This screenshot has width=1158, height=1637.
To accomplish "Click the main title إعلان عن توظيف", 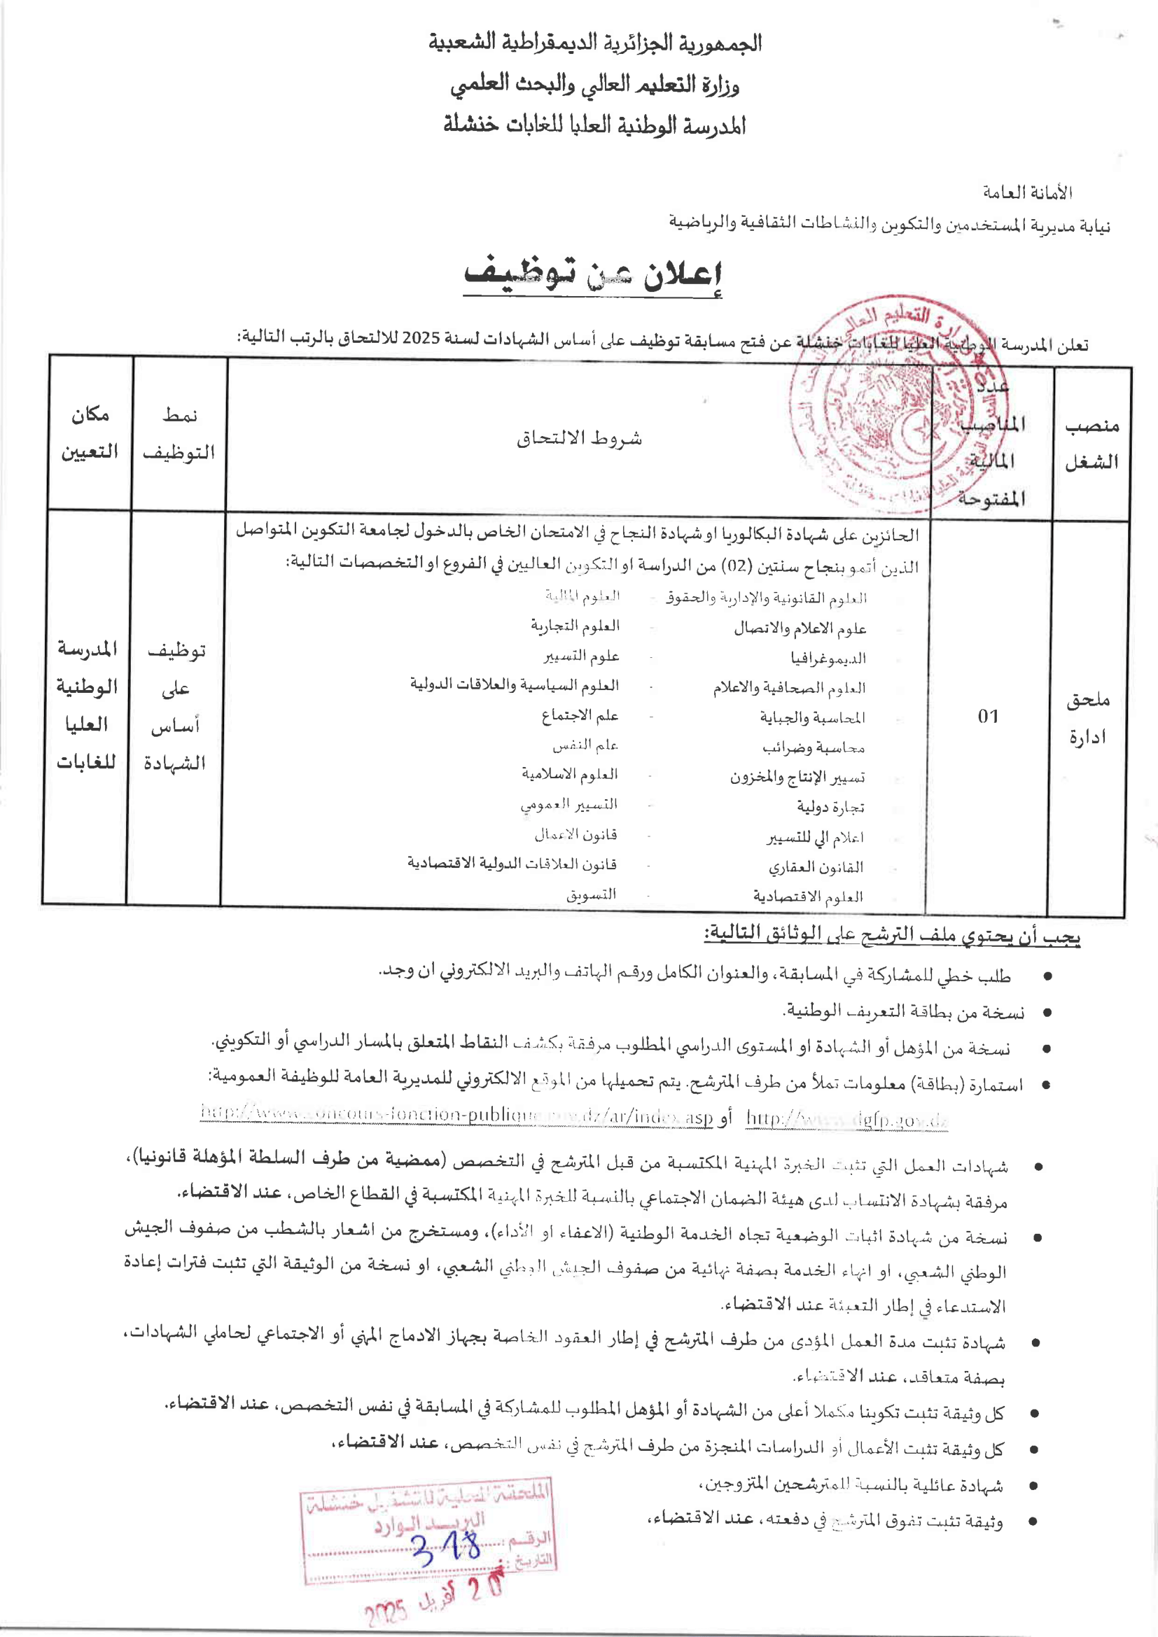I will click(593, 276).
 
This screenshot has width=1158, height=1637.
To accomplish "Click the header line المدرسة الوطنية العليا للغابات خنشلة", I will click(594, 125).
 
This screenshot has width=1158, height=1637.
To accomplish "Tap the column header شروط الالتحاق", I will click(579, 437).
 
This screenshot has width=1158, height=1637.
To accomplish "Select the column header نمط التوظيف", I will click(179, 433).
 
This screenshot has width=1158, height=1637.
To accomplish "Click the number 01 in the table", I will click(989, 716).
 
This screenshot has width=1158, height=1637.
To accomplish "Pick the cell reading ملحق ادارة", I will click(1087, 718).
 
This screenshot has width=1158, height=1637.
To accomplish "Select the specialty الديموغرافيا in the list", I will click(828, 658).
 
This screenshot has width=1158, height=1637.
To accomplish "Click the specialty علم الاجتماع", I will click(579, 715).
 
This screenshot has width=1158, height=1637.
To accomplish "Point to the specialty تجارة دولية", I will click(831, 807).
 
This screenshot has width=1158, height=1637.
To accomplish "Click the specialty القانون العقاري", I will click(816, 867).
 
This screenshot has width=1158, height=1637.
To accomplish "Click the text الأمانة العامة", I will click(1028, 192).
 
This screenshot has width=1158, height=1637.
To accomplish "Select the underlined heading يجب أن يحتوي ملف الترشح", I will click(892, 934).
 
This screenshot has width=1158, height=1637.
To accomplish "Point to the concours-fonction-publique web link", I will click(456, 1114).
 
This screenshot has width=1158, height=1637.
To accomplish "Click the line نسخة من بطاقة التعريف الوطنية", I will click(904, 1012).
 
